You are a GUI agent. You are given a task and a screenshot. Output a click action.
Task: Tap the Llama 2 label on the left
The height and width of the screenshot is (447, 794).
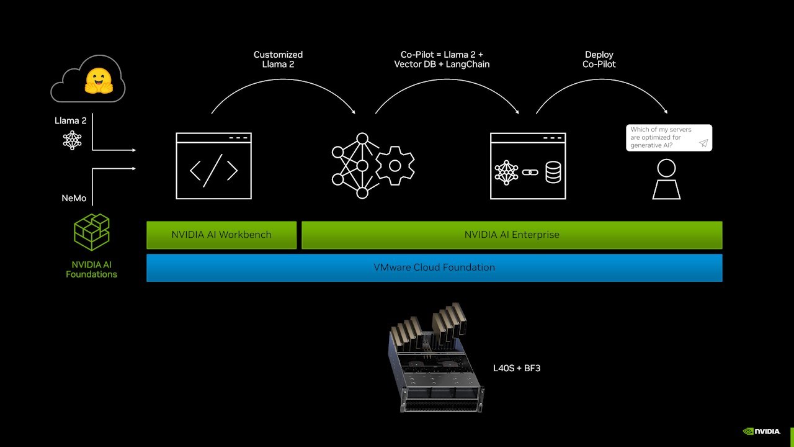click(71, 120)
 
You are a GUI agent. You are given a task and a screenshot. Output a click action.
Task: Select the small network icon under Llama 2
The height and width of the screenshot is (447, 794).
click(73, 140)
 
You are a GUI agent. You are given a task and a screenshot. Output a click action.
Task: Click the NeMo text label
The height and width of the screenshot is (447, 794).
click(74, 198)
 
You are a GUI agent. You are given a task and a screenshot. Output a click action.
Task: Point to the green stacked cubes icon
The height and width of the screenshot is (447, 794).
click(91, 232)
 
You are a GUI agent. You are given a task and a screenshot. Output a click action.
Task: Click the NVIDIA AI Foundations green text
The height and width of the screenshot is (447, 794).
click(91, 269)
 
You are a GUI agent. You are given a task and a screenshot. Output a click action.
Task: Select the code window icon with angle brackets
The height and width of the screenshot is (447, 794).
click(213, 166)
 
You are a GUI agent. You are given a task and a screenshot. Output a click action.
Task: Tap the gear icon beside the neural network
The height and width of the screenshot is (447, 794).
click(395, 166)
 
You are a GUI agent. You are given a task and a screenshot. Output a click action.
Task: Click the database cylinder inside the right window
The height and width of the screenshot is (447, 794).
click(553, 172)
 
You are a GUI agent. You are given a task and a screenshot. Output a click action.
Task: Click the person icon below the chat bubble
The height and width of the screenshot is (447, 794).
click(666, 179)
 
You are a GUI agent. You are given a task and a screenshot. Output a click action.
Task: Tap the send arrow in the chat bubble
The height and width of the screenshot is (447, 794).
click(703, 143)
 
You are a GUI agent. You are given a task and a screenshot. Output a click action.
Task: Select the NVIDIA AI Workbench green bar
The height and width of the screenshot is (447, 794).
click(221, 235)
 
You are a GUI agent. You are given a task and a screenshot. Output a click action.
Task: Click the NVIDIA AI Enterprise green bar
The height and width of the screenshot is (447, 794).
click(512, 235)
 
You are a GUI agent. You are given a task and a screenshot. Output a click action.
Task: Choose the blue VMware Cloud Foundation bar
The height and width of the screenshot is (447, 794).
click(434, 268)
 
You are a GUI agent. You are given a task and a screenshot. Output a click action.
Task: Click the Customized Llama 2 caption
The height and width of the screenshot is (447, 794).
click(278, 59)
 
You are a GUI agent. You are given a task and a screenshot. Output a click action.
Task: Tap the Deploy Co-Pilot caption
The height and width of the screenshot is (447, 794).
click(599, 59)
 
